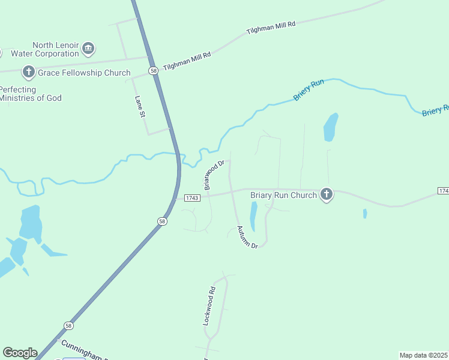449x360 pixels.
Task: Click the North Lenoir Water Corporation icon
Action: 88,48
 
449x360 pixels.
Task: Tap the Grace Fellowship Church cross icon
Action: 28,73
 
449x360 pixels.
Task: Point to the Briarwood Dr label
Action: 214,175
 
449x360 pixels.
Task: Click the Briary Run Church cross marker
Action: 326,194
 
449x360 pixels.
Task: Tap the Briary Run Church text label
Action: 283,195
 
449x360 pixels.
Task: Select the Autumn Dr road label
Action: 247,237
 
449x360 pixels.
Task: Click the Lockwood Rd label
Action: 208,307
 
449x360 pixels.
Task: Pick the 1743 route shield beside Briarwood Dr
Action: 191,198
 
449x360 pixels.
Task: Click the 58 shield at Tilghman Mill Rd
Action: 154,70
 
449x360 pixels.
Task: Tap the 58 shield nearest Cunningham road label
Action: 68,326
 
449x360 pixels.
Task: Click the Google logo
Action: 20,353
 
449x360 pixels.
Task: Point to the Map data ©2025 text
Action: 424,355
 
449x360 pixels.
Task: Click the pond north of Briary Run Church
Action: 330,127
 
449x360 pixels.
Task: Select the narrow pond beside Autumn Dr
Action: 253,216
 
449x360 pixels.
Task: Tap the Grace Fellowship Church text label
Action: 84,73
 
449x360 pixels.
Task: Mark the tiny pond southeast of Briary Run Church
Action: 365,214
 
